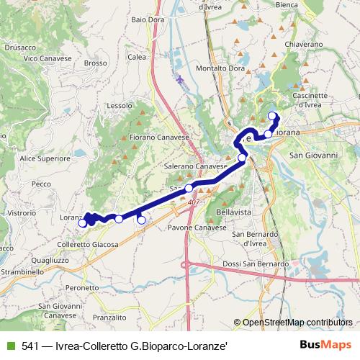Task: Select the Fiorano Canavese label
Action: tap(159, 137)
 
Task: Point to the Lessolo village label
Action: tap(120, 105)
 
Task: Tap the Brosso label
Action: tap(95, 63)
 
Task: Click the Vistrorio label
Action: tap(22, 214)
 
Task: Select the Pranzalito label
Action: tap(109, 317)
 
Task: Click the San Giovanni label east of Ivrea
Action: tap(313, 155)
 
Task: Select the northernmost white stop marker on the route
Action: tap(272, 115)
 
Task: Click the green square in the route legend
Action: tap(9, 345)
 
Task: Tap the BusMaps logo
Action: tap(330, 345)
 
